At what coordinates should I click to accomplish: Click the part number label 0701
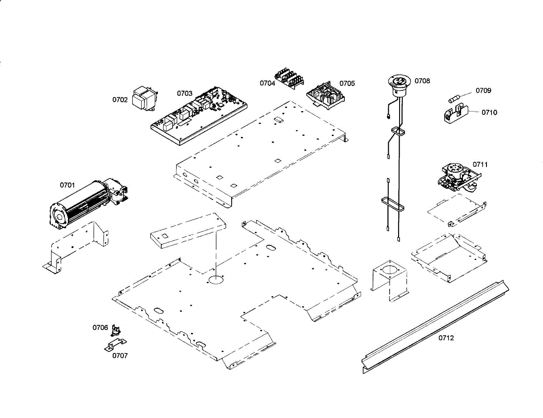67,185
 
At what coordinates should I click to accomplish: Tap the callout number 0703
185,94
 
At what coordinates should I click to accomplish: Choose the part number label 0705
347,83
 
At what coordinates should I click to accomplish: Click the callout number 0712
446,338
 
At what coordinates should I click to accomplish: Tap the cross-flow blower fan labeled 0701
86,203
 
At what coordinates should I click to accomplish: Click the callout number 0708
422,81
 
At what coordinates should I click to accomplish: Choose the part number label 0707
120,356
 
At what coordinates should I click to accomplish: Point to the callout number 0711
481,164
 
